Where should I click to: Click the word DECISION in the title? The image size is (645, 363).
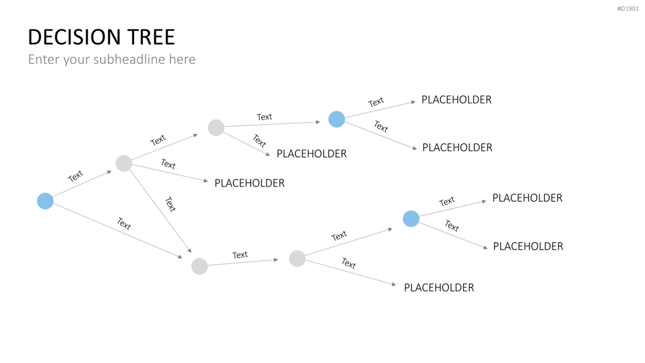(x=74, y=37)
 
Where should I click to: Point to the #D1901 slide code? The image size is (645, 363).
(x=628, y=9)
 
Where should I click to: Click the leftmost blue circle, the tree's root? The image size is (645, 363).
(x=45, y=201)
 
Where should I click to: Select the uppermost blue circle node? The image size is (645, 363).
(x=336, y=119)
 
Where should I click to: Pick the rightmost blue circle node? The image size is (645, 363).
(x=411, y=219)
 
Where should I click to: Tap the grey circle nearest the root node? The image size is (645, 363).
(x=124, y=163)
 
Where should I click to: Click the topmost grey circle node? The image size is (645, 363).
(x=216, y=127)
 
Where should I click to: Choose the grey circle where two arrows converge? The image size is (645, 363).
(x=200, y=267)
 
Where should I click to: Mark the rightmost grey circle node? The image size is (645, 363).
(x=297, y=258)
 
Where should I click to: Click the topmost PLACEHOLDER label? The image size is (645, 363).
(x=457, y=100)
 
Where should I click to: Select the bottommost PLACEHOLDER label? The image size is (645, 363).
(x=439, y=287)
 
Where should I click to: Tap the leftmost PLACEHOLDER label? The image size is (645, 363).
(x=249, y=183)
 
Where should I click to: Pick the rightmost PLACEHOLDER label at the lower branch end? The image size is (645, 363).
(x=528, y=246)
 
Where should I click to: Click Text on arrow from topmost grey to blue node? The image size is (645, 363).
(x=265, y=117)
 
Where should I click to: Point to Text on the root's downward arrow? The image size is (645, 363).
(x=124, y=224)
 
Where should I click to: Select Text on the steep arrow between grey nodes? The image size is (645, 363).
(x=170, y=204)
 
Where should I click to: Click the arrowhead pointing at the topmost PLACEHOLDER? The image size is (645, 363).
(x=413, y=102)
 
